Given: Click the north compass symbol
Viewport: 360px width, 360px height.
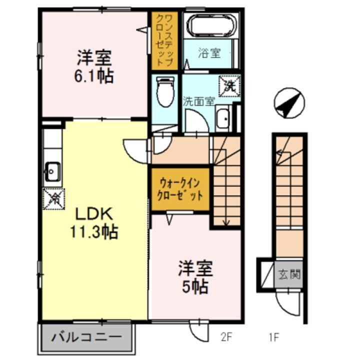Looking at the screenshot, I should pos(288,103).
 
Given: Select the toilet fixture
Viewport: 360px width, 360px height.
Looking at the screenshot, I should pos(163,91).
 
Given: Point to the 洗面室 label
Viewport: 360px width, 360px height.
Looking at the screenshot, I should pos(198,100).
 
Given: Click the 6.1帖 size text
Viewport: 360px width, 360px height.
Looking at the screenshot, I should pos(94,76).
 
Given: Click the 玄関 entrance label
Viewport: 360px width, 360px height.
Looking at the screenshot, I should pos(290,274).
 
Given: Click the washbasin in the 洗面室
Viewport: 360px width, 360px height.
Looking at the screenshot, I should pos(223,119).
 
